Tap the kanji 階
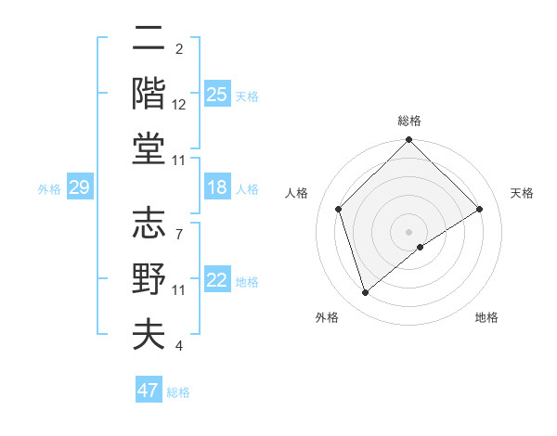click(x=149, y=93)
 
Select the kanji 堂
click(x=149, y=147)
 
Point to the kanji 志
click(x=149, y=224)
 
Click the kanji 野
click(x=149, y=279)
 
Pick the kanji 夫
click(x=149, y=334)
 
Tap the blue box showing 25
click(x=216, y=94)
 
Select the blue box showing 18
click(x=216, y=187)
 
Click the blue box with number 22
click(x=216, y=280)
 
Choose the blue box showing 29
click(x=79, y=188)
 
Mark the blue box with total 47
click(x=148, y=391)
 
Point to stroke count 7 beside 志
click(x=179, y=224)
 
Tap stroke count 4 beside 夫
click(x=179, y=346)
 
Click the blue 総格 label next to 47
click(x=179, y=391)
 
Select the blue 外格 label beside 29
click(x=49, y=189)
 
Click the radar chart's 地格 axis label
click(x=486, y=317)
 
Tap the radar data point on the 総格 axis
click(x=408, y=141)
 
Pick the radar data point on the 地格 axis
click(x=421, y=247)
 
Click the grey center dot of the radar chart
click(x=408, y=231)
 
